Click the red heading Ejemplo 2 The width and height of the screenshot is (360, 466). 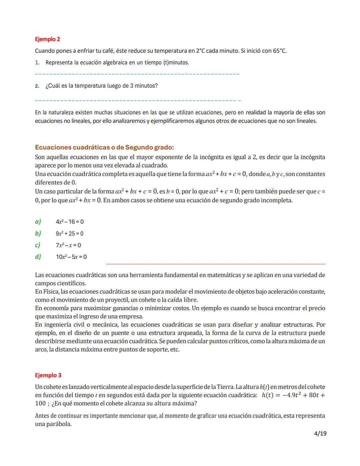47,39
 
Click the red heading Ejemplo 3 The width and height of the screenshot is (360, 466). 48,375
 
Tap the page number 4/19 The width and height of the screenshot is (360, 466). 320,433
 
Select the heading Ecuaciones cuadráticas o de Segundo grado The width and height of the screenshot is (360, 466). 104,147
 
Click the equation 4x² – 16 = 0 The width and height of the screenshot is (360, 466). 70,222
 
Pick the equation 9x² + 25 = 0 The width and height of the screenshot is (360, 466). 69,234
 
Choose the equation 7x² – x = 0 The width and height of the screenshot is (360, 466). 68,245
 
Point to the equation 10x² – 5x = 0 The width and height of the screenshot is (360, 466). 71,257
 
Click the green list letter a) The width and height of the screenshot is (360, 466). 38,221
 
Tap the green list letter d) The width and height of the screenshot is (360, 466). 38,257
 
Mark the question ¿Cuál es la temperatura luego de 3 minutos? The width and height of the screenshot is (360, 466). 101,86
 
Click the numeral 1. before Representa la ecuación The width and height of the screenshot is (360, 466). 37,63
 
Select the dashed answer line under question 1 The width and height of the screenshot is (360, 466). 137,74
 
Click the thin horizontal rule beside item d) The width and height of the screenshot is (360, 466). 215,264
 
